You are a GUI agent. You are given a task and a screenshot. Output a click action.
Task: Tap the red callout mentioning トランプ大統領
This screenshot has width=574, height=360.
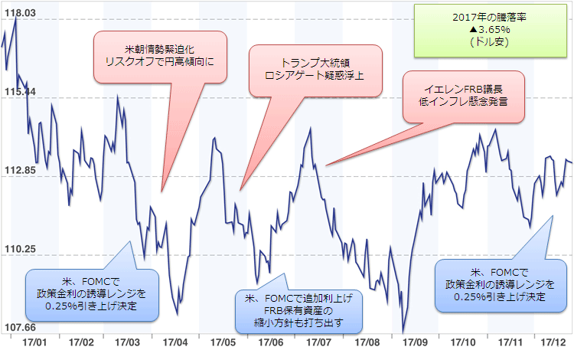pyautogui.click(x=316, y=70)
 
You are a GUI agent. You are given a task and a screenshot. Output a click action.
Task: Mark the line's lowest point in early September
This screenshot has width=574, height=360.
pyautogui.click(x=403, y=332)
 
